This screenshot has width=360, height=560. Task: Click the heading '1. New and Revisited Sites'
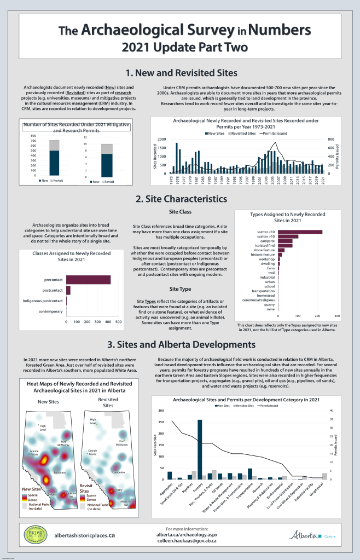(181, 73)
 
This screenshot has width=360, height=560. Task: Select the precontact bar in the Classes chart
(89, 280)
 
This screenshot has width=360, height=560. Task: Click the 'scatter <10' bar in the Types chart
(300, 232)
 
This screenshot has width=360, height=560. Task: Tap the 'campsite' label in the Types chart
(267, 241)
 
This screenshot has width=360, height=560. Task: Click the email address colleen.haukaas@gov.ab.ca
(180, 540)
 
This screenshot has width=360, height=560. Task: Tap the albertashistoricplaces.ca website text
(84, 534)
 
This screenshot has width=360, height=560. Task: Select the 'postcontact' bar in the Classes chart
(68, 290)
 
